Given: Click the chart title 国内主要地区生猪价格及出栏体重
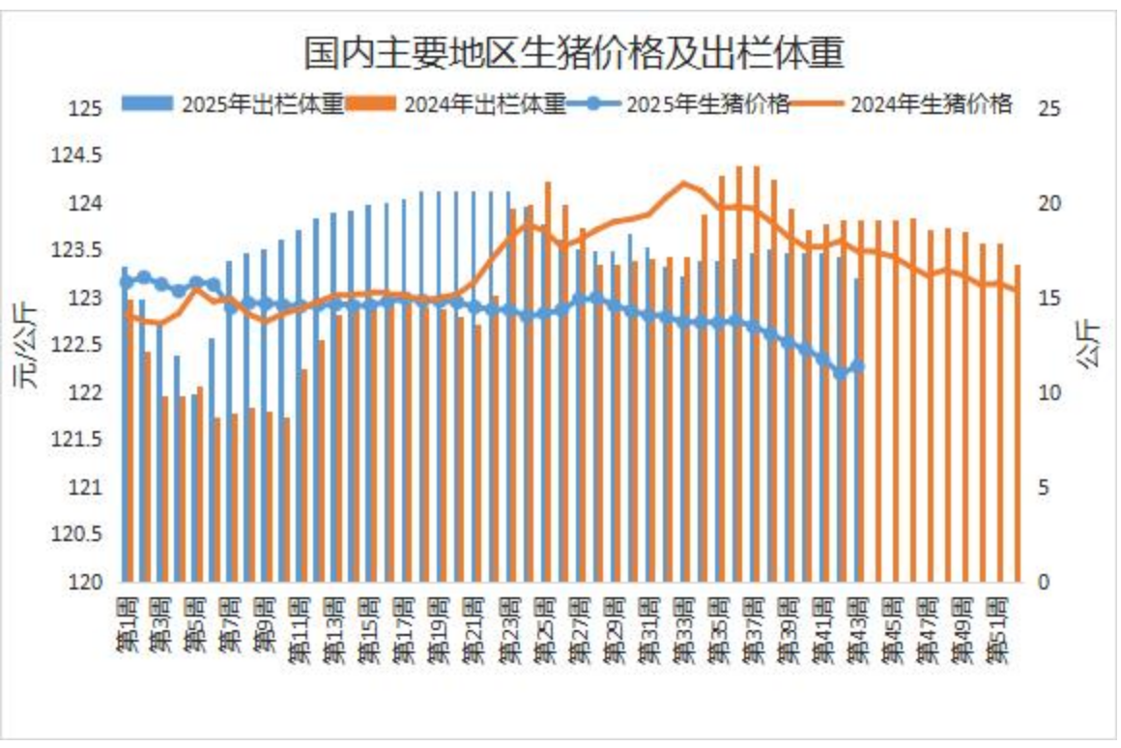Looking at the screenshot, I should click(x=574, y=53).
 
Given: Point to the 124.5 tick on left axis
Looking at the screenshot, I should click(x=76, y=156).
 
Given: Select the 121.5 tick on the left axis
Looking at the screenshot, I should click(x=76, y=440).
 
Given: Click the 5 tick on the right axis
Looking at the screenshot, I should click(x=1043, y=488).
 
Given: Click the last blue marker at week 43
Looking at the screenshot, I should click(x=858, y=366).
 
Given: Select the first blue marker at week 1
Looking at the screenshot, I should click(x=125, y=282).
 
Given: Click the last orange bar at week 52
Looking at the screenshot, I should click(x=1018, y=425).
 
